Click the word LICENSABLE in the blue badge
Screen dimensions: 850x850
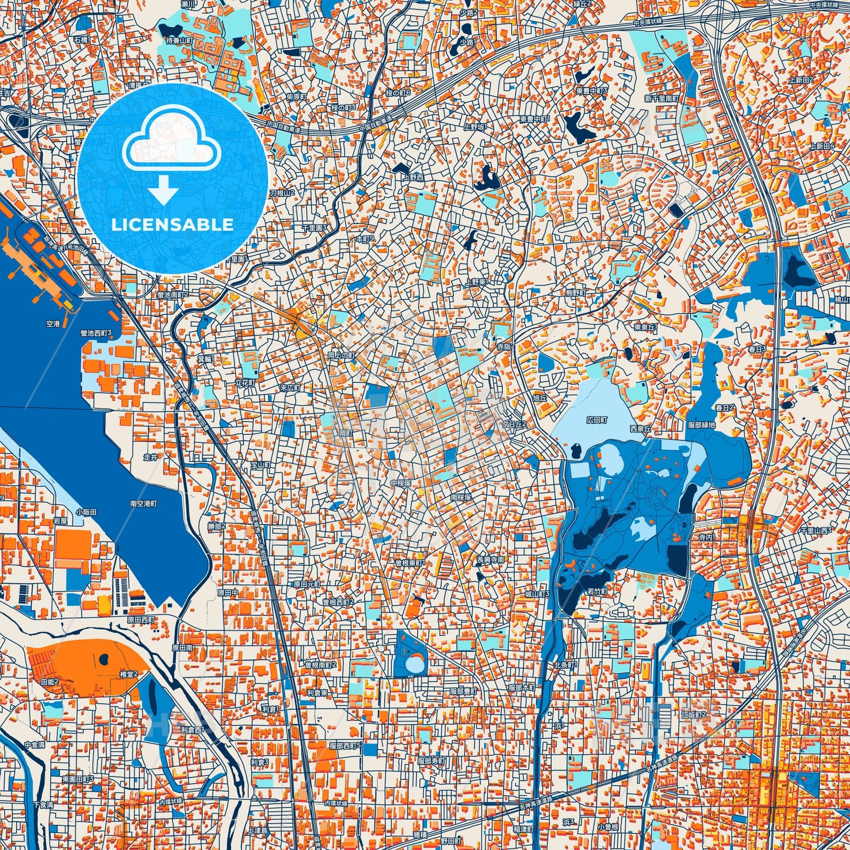tap(172, 224)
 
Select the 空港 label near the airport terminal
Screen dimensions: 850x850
tap(53, 324)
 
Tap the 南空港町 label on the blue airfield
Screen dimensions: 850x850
tap(144, 504)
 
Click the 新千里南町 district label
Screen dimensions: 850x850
tap(662, 99)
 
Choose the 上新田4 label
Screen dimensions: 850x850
tap(822, 146)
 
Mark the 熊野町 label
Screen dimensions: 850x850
tap(575, 293)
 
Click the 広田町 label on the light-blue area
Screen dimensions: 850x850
tap(596, 421)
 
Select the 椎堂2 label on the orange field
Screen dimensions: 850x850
tap(128, 675)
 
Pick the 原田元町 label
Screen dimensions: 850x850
tap(307, 585)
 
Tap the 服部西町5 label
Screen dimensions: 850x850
tap(345, 746)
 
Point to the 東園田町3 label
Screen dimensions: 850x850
tap(78, 779)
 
